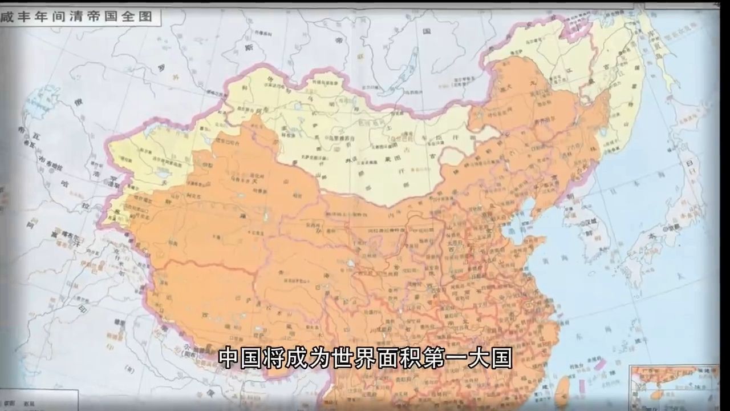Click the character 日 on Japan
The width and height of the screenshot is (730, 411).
point(690,164)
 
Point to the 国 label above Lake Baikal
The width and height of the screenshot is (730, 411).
point(425,32)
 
